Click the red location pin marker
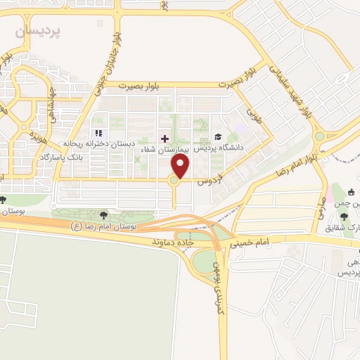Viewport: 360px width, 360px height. tap(181, 167)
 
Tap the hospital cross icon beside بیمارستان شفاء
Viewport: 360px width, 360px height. tap(165, 139)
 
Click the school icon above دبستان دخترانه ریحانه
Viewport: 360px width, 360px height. tap(98, 133)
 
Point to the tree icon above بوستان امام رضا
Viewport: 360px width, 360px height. tap(104, 214)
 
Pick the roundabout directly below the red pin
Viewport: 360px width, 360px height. tap(174, 181)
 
